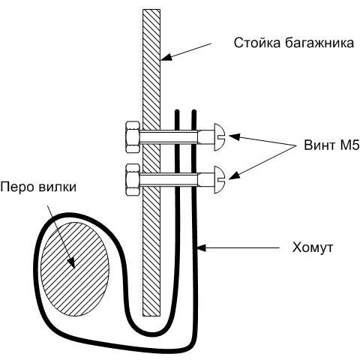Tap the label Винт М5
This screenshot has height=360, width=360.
[x=331, y=145]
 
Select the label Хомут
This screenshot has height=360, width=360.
[x=313, y=247]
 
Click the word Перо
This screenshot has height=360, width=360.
[x=17, y=187]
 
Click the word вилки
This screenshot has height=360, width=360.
[x=57, y=187]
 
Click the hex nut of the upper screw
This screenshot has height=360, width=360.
[x=133, y=136]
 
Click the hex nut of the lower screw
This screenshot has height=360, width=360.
[x=133, y=179]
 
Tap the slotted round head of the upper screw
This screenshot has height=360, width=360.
[x=220, y=137]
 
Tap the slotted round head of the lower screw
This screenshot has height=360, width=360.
[x=220, y=179]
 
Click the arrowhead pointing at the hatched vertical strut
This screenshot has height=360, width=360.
[x=166, y=58]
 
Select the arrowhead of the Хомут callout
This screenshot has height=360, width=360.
[x=201, y=248]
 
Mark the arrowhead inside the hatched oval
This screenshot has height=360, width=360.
[x=71, y=263]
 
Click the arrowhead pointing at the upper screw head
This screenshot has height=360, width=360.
[x=234, y=137]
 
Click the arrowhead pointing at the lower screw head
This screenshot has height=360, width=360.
[x=233, y=175]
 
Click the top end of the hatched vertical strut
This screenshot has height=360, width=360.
[x=151, y=10]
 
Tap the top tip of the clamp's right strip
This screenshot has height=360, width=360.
[x=193, y=111]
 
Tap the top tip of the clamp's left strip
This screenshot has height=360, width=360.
[x=177, y=111]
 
